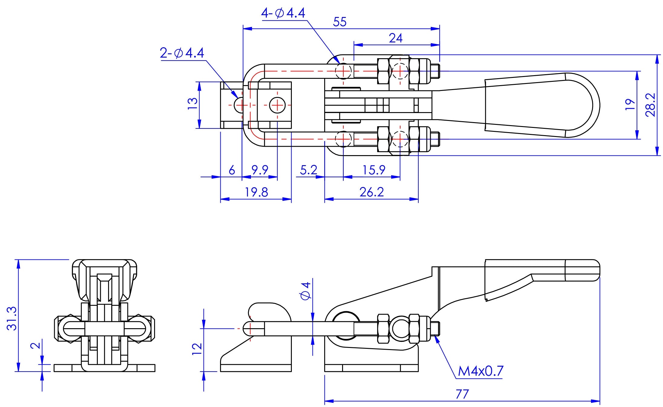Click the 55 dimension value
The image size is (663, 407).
point(340,22)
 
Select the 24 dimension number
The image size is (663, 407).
point(396,38)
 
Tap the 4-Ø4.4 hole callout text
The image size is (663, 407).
point(283,13)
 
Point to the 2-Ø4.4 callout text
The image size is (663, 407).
point(182,53)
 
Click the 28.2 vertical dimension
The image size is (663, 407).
point(650,105)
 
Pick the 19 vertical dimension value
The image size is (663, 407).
point(630,105)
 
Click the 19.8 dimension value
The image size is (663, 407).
point(256,192)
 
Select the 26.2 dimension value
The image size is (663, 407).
point(372,192)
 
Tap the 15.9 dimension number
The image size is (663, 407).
point(374,170)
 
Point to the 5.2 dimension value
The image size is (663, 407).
point(308,170)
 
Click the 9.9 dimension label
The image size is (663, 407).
point(260,170)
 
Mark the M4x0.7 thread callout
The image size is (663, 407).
point(480,371)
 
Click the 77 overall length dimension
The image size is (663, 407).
point(462,394)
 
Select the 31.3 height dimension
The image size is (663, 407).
point(12,318)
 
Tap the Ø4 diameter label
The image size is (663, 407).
point(306,291)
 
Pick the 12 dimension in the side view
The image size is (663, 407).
point(197,349)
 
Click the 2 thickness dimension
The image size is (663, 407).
point(36,346)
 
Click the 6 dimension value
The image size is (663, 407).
point(232,170)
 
